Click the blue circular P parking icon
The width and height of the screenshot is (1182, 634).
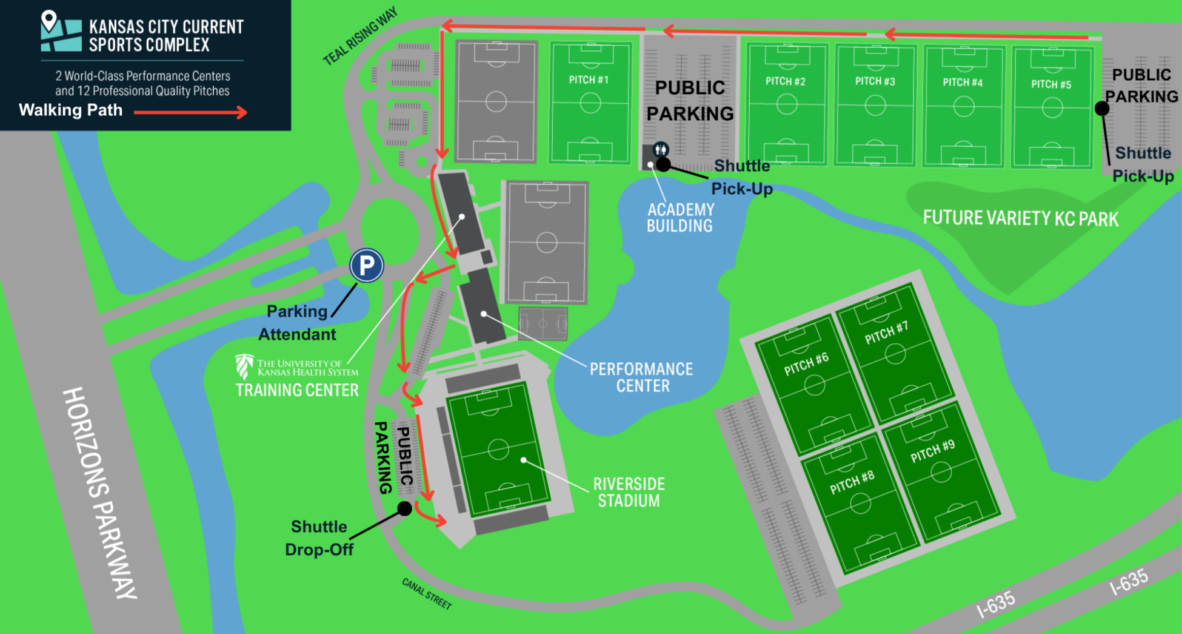(x=367, y=266)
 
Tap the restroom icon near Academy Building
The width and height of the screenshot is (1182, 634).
(x=661, y=149)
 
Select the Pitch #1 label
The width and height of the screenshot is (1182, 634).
(x=589, y=79)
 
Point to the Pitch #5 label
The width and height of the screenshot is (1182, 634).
(x=1051, y=84)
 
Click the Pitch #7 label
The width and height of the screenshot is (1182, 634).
(x=886, y=332)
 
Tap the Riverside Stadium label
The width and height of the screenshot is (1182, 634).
(x=629, y=492)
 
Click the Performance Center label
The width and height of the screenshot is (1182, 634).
(x=641, y=377)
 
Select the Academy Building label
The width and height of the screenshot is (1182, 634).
(x=680, y=218)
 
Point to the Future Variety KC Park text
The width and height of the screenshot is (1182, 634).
(x=1020, y=218)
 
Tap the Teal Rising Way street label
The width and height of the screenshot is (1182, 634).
(x=360, y=36)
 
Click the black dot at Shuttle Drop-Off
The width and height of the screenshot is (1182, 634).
(x=404, y=508)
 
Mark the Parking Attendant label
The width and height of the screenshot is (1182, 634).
(x=297, y=323)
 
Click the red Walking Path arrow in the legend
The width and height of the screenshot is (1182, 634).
(x=190, y=112)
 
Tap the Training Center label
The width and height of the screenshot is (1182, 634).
(x=297, y=390)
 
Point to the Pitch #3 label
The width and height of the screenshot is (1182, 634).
(x=875, y=81)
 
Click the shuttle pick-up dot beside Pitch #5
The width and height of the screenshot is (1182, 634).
(x=1102, y=109)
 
